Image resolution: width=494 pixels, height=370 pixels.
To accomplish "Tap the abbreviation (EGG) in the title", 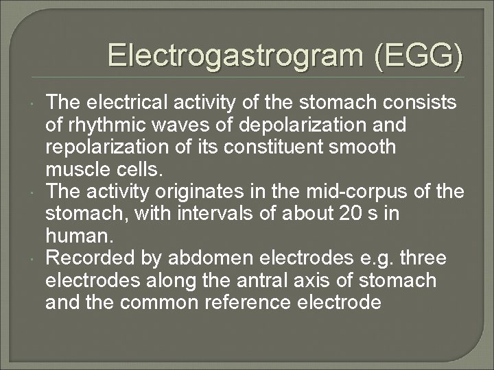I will pos(419,56).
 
